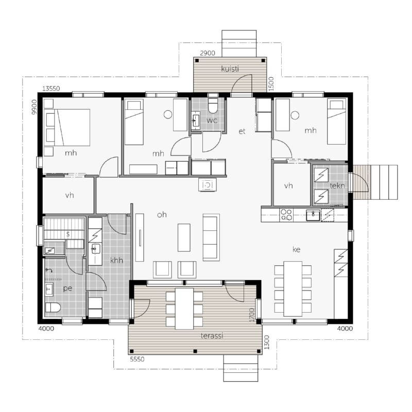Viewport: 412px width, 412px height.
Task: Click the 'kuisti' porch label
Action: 230,69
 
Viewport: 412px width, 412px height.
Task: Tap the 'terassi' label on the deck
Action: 212,336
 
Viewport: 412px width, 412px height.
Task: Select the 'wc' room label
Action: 212,121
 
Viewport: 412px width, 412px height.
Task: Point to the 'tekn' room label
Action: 337,186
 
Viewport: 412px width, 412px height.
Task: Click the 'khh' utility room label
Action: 116,261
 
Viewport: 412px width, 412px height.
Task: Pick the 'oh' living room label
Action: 162,215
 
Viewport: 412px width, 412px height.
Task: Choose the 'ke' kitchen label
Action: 297,249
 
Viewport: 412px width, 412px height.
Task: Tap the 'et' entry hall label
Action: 242,131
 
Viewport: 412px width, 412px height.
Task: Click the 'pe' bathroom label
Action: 67,288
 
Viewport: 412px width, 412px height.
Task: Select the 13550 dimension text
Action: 51,89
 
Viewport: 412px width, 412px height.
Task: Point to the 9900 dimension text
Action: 34,107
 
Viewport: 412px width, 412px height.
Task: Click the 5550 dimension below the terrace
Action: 137,359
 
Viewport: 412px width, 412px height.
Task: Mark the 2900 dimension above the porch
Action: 208,53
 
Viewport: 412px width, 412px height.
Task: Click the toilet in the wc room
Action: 213,106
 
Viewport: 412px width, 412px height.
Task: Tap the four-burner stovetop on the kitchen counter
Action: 286,214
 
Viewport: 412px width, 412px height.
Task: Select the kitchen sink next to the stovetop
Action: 313,215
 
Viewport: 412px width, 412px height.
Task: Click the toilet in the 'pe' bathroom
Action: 53,307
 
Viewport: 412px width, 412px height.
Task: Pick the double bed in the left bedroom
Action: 67,127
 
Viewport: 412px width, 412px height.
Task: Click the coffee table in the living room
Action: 184,237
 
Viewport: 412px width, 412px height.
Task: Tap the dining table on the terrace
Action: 184,308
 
